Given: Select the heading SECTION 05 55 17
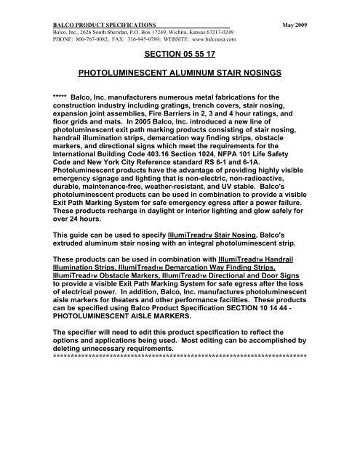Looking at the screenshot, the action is [180, 54].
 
